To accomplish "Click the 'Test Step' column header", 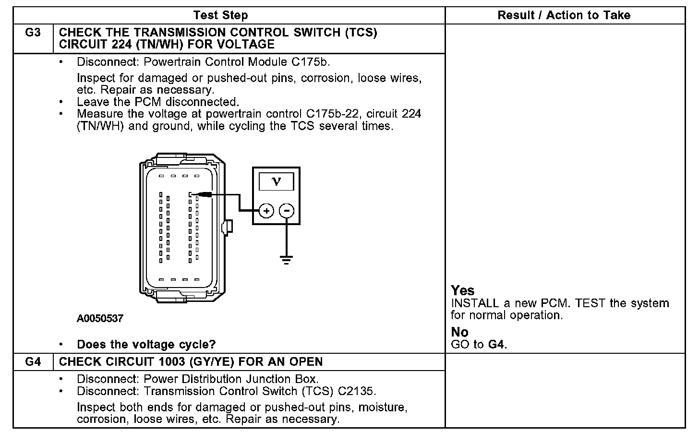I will [220, 15].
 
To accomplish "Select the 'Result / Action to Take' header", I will [564, 15].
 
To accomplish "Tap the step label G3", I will [33, 33].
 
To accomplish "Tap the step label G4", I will [33, 362].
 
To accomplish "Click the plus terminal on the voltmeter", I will [266, 211].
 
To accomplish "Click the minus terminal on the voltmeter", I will [287, 211].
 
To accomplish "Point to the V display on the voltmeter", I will [276, 181].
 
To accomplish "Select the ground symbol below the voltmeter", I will [287, 260].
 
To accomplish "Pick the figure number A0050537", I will [100, 319].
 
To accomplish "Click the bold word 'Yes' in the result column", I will [462, 290].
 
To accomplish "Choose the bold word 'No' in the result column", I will [459, 332].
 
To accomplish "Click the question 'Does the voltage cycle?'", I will [146, 345].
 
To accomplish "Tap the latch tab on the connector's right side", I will [229, 226].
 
